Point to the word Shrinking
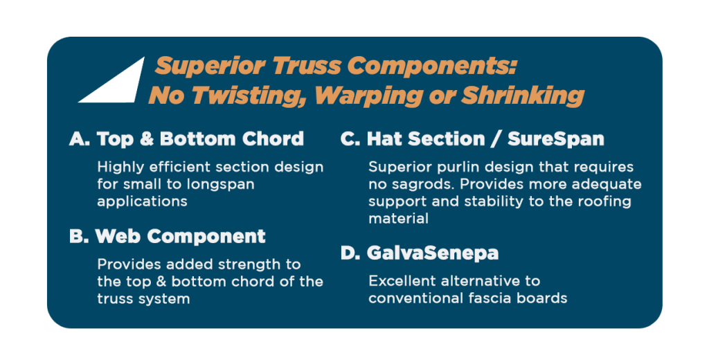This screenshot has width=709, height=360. tap(522, 96)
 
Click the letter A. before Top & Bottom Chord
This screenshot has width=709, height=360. tap(80, 139)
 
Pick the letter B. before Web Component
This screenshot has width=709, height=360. tap(79, 236)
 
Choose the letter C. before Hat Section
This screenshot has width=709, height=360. tap(350, 139)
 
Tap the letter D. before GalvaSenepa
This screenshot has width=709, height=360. tap(350, 253)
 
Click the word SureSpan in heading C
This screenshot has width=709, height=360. tap(556, 139)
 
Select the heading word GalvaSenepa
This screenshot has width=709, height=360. tap(433, 253)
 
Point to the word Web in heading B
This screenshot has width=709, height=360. tap(118, 236)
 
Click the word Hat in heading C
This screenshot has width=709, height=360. tap(383, 139)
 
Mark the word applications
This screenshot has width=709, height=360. tap(142, 201)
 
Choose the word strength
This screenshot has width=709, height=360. tap(240, 265)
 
